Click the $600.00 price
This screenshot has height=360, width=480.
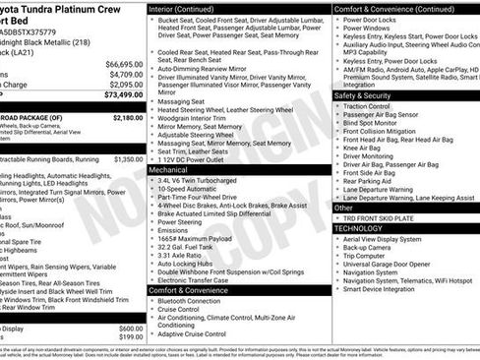click(131, 329)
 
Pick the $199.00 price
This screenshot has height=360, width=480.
click(131, 338)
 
